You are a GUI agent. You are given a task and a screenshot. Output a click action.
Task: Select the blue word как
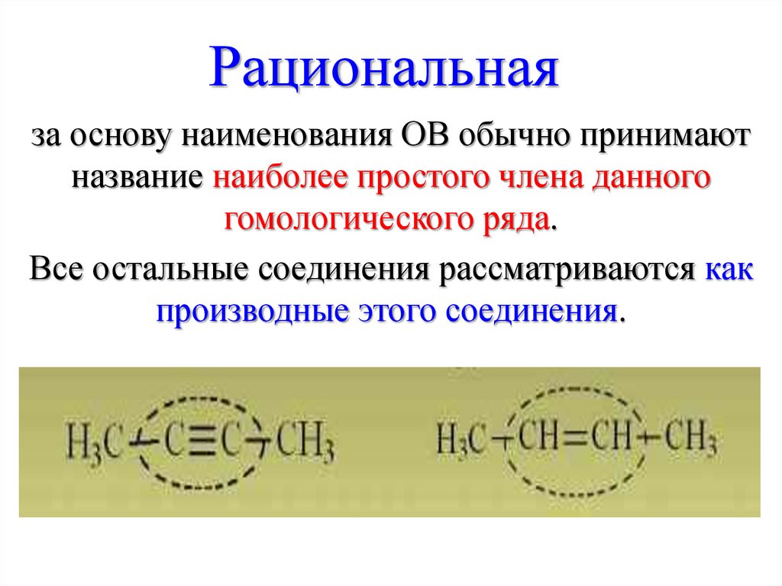click(x=729, y=270)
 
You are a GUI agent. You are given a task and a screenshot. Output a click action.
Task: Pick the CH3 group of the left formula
click(x=304, y=445)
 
